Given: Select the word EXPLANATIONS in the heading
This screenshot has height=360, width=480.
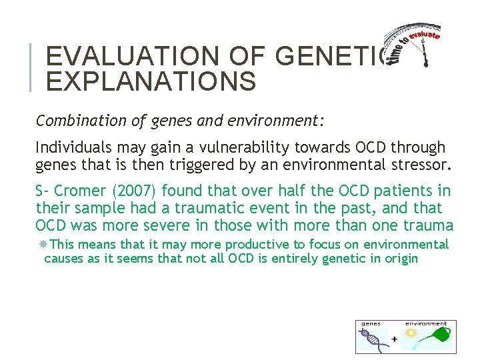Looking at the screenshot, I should pyautogui.click(x=151, y=81).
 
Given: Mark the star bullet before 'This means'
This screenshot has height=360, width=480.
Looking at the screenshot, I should pyautogui.click(x=43, y=245).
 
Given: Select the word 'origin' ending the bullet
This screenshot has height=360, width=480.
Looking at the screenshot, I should pyautogui.click(x=397, y=258).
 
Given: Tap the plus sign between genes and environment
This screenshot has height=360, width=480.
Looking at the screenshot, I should pyautogui.click(x=395, y=339).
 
